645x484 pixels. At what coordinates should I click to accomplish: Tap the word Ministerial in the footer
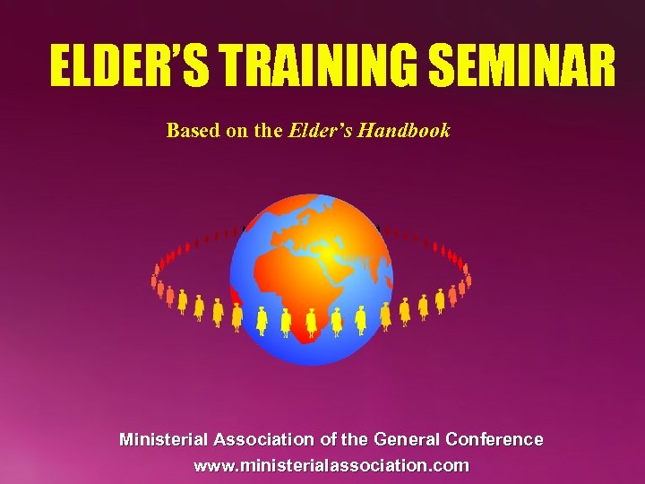(x=164, y=440)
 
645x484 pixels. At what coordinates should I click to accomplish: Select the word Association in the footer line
(x=263, y=440)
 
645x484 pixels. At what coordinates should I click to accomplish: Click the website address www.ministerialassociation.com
(x=331, y=465)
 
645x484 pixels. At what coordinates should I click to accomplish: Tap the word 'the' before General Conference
(x=355, y=440)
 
